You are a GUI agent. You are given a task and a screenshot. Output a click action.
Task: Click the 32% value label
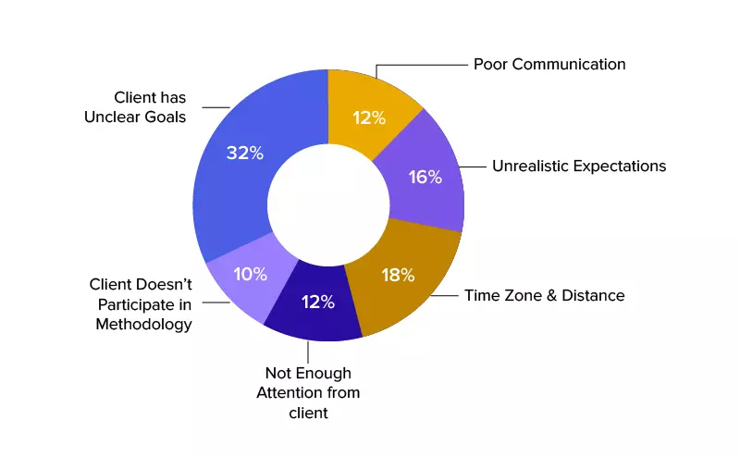(x=245, y=153)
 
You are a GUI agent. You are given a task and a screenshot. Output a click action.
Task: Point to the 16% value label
(x=425, y=177)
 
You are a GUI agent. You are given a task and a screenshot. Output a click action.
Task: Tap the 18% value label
(x=398, y=275)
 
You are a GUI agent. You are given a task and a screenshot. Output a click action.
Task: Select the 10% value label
(x=250, y=274)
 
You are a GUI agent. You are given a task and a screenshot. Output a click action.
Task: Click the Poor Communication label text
(x=549, y=65)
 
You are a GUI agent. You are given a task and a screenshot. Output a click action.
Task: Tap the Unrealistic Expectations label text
(x=579, y=167)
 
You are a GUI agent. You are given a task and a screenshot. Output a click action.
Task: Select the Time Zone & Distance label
(x=544, y=296)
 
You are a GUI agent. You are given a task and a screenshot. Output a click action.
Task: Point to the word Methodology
(x=143, y=325)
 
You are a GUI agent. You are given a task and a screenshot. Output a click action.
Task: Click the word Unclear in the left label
(x=130, y=117)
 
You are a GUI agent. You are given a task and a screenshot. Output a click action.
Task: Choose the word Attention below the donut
(x=307, y=393)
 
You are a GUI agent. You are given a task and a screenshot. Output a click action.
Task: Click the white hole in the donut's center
(x=328, y=204)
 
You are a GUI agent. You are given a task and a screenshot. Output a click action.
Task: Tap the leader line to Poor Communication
(x=421, y=66)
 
